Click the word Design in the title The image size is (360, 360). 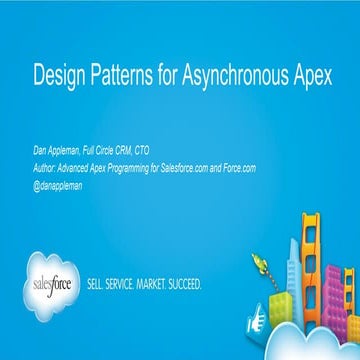[54, 74]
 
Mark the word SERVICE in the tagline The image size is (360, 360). [131, 284]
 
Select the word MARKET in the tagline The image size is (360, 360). [167, 284]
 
